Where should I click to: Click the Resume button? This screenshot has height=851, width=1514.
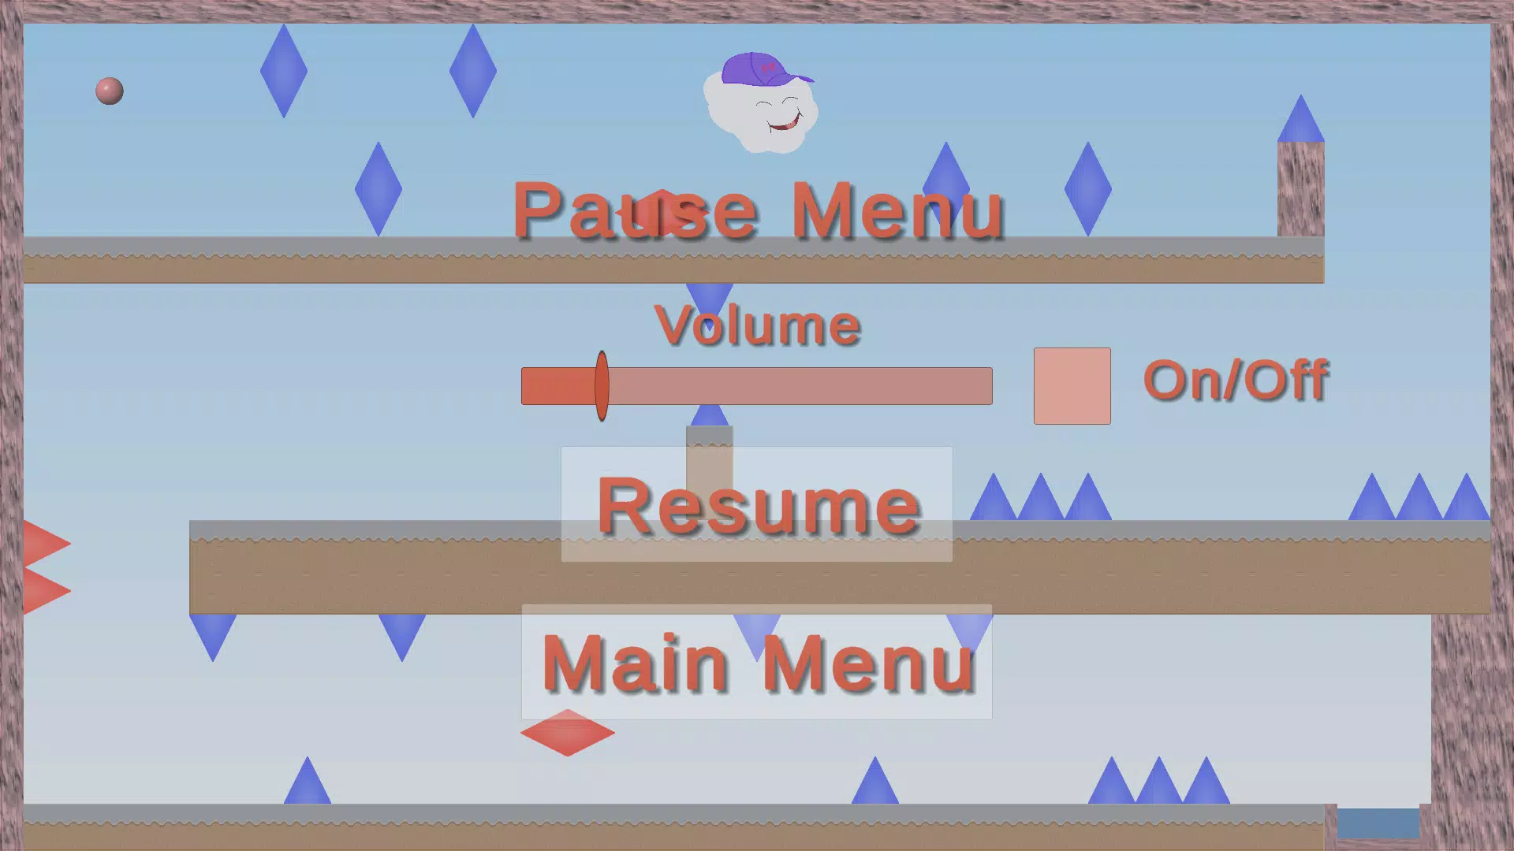click(x=757, y=504)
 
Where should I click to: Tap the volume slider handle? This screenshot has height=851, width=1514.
click(x=602, y=386)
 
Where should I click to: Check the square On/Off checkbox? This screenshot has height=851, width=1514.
click(x=1072, y=386)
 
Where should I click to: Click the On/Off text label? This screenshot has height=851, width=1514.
click(x=1236, y=381)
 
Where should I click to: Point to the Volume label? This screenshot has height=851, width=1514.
click(x=757, y=325)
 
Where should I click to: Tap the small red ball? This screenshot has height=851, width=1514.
click(x=110, y=91)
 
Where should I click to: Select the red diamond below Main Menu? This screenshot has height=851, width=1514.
click(x=568, y=733)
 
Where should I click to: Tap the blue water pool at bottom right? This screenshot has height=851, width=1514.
click(x=1378, y=823)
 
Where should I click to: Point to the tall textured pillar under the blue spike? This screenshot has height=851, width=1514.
click(x=1300, y=189)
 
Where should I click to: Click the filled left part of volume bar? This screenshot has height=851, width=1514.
click(x=558, y=386)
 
